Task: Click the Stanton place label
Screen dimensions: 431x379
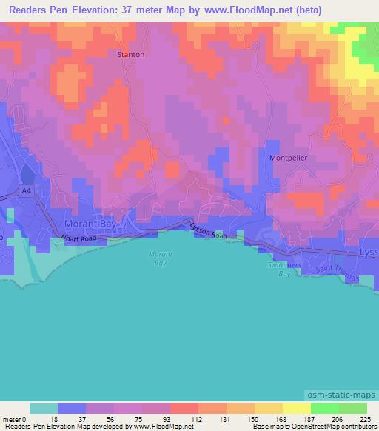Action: (x=131, y=55)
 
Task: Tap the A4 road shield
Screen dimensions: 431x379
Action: (x=27, y=191)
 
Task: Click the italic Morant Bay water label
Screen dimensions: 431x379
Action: (x=161, y=258)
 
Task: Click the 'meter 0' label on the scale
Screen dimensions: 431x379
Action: (x=16, y=418)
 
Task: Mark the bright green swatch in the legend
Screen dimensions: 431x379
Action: (x=325, y=408)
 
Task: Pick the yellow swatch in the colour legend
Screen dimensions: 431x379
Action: (x=297, y=408)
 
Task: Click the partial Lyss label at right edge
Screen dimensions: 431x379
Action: (x=368, y=253)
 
